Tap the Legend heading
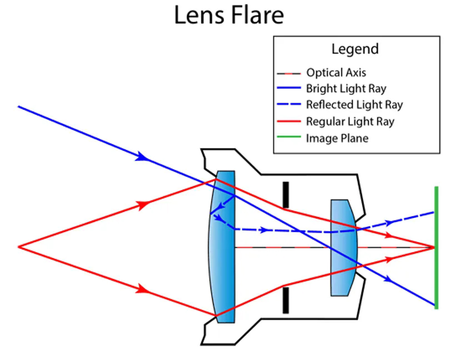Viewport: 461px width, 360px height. (355, 49)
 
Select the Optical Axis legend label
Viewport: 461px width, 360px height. (336, 73)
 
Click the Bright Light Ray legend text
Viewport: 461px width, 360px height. (345, 89)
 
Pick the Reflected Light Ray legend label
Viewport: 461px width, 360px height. (354, 105)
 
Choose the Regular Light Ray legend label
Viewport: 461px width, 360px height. (350, 122)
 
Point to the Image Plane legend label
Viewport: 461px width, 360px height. (337, 138)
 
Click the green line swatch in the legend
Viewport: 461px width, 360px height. (289, 138)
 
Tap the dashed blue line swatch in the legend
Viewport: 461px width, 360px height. (289, 105)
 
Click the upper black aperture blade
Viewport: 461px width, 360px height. (285, 194)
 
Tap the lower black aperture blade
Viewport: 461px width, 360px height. (285, 300)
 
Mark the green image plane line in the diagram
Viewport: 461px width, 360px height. (437, 247)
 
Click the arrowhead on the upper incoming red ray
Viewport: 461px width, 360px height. (146, 204)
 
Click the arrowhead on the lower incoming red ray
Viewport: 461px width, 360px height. (146, 289)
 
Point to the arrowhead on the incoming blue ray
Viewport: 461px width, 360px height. (144, 157)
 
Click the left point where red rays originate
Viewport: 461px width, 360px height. (19, 246)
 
